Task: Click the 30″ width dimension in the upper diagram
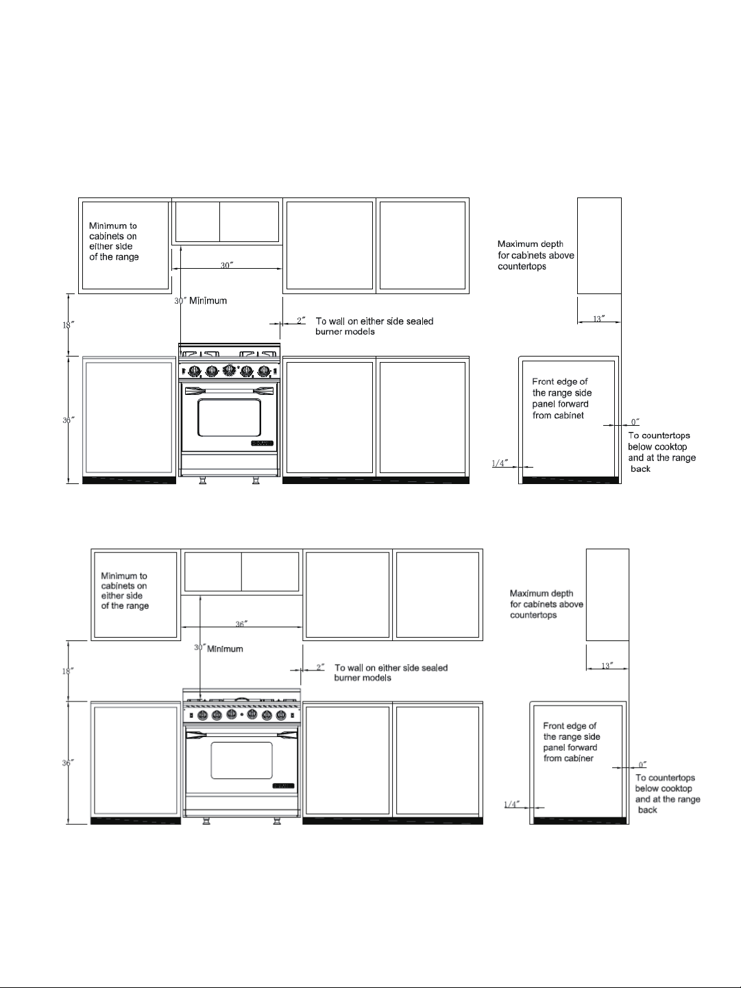click(227, 265)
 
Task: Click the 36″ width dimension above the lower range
click(241, 624)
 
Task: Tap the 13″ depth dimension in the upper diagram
click(599, 319)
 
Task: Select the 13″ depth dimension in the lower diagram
click(607, 666)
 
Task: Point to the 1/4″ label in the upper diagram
click(500, 463)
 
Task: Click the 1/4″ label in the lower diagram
click(512, 804)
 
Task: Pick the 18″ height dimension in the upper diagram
click(69, 324)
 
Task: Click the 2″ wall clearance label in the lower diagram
click(320, 667)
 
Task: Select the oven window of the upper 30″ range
click(229, 418)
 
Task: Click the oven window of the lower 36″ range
click(241, 760)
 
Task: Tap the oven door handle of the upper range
click(229, 391)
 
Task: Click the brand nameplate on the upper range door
click(263, 444)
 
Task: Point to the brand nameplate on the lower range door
click(283, 786)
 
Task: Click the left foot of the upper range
click(202, 480)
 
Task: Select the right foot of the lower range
click(277, 821)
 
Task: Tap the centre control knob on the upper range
click(229, 370)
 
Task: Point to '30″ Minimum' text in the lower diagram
click(219, 649)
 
